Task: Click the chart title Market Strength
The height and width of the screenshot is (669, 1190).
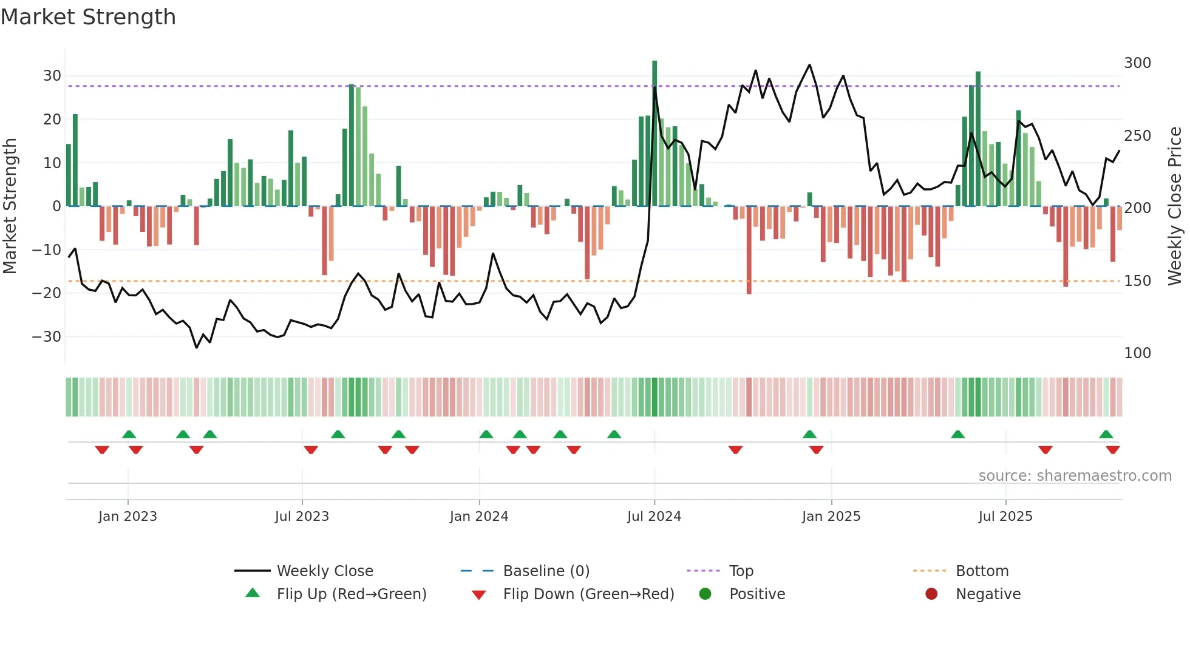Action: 89,17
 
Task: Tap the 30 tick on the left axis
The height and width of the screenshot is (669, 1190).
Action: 52,76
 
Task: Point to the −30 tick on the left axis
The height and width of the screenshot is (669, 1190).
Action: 47,336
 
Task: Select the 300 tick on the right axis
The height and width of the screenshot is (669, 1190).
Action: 1137,63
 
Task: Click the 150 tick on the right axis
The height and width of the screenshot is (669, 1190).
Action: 1137,281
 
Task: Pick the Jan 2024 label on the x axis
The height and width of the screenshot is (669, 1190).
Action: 479,517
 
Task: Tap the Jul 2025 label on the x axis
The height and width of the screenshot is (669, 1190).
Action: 1005,517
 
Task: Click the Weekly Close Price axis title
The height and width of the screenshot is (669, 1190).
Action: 1175,206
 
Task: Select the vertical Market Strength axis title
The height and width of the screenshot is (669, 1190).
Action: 10,206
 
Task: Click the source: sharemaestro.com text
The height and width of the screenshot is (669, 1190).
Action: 1075,476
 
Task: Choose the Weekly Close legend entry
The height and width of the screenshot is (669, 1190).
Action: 325,571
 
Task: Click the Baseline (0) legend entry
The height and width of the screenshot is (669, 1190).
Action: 546,571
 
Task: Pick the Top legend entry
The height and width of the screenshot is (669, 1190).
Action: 741,571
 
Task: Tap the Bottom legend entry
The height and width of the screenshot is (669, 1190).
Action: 982,571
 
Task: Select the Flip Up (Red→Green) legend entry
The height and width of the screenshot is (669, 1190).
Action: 351,594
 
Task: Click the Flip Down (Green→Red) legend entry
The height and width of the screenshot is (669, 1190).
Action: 588,594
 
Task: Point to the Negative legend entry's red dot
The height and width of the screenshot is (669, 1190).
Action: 931,594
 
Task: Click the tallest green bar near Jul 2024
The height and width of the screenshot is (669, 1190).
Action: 654,134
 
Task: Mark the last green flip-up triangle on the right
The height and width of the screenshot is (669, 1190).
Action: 1106,435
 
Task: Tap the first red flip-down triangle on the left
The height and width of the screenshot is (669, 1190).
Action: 102,450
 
